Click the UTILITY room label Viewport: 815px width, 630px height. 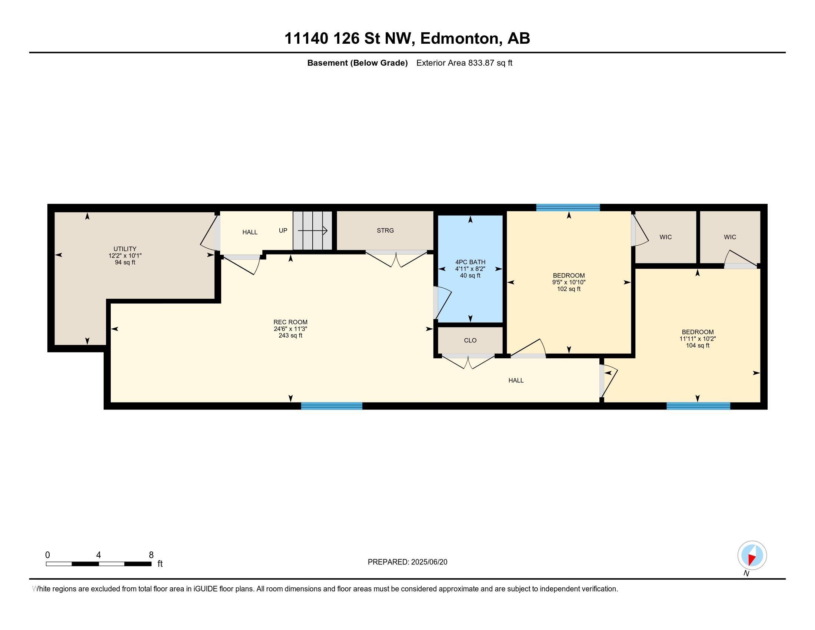(x=124, y=249)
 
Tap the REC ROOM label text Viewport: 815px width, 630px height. (x=290, y=322)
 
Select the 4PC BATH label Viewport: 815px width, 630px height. (x=470, y=262)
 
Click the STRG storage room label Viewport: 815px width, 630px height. (x=385, y=231)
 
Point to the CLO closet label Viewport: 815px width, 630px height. (x=470, y=340)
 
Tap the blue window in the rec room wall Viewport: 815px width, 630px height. (x=332, y=406)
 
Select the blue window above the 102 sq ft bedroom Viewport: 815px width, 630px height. (x=568, y=208)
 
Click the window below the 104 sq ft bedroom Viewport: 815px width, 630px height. (x=698, y=406)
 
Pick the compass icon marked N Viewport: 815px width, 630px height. (x=752, y=556)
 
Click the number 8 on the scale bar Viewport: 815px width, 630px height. (x=151, y=555)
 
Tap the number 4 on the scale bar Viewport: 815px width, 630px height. (x=99, y=555)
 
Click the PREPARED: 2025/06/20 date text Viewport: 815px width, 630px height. (x=408, y=562)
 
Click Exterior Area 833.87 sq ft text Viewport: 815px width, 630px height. (x=464, y=63)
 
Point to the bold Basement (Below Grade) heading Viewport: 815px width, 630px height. (x=357, y=63)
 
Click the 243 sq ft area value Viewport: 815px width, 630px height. (x=290, y=335)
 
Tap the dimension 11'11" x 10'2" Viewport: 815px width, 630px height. (x=698, y=339)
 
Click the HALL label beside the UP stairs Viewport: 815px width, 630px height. (x=250, y=232)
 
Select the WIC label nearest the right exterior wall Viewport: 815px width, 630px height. (x=730, y=237)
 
